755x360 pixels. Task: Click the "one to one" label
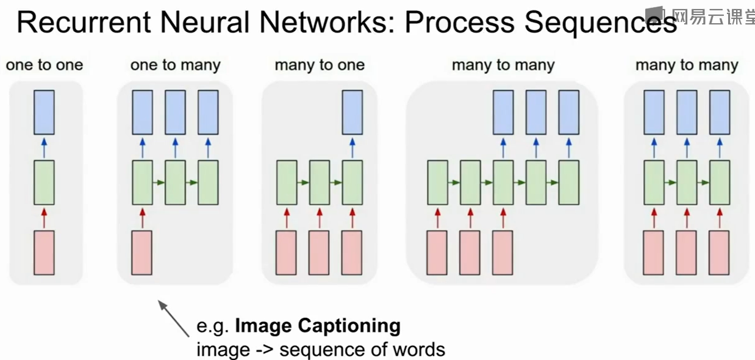coord(45,65)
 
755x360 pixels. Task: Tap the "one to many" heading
coord(175,65)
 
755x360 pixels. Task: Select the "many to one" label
coord(320,65)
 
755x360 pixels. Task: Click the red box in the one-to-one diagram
coord(44,253)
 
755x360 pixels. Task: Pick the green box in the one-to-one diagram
coord(44,182)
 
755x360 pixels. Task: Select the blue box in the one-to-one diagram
coord(44,112)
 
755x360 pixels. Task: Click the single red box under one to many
coord(142,253)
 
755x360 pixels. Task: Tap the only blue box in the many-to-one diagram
coord(352,112)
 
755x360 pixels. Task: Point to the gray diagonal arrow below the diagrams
coord(174,318)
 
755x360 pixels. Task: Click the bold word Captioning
coord(349,326)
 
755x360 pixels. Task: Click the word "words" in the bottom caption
coord(419,350)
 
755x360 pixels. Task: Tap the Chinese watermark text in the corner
coord(712,16)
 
